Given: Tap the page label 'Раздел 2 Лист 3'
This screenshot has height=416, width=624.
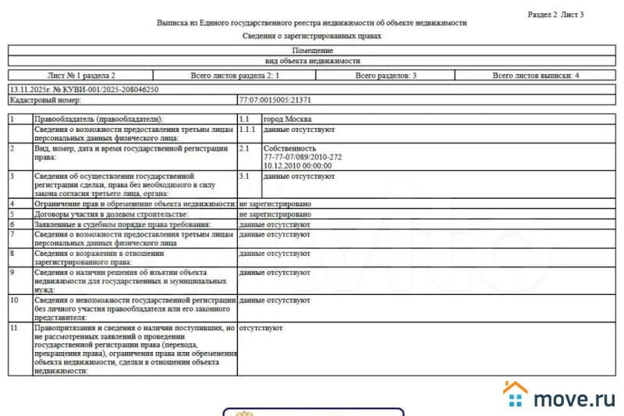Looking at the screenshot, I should pos(555,15).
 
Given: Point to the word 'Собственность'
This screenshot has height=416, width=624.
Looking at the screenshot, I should pos(290,148).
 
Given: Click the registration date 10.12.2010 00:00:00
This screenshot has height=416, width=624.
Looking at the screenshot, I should pos(299,165).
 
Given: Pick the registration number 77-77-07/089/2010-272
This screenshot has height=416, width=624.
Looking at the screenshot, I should pos(303,157).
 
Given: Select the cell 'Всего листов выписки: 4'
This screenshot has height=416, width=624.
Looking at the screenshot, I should pos(537,76).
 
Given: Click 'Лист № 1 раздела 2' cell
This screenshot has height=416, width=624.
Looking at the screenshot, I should pos(81,76).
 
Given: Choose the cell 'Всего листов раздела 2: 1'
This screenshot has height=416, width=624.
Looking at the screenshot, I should pos(235,76).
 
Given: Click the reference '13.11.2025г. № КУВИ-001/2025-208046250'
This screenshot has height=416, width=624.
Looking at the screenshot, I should pos(83,90).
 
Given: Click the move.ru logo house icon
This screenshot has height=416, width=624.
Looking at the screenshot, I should pos(516,394).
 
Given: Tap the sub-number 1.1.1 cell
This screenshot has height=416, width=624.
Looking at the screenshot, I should pos(247,127).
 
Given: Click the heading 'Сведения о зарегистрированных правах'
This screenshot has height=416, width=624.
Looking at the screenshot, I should pos(312,36).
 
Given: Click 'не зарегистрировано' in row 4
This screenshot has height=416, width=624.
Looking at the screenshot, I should pos(275,204).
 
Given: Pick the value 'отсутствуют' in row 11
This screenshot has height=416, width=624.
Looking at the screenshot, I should pos(261,329).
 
